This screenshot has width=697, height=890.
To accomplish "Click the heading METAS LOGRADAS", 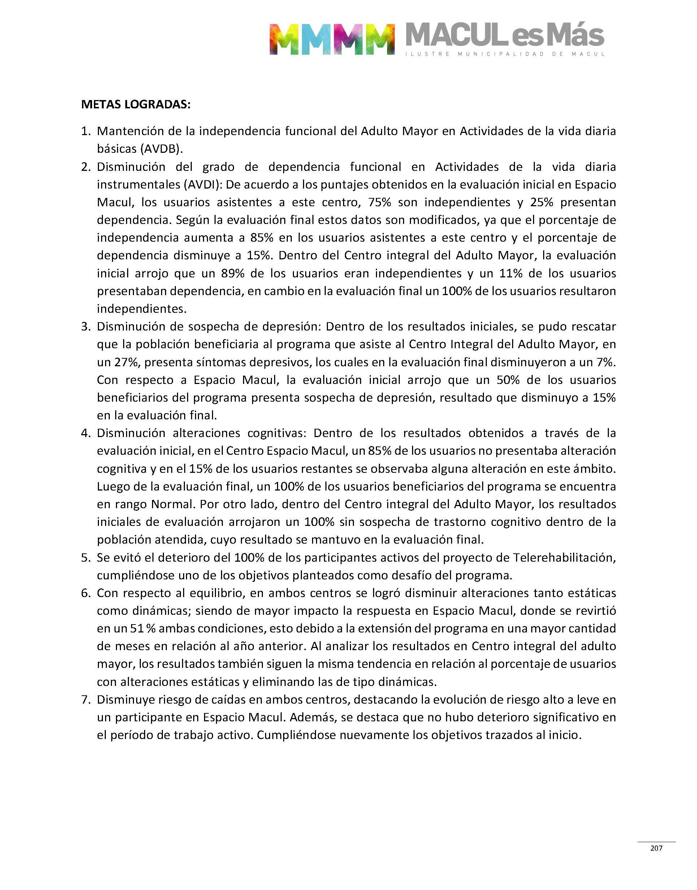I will pyautogui.click(x=136, y=104).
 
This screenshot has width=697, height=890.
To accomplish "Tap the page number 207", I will pyautogui.click(x=656, y=848).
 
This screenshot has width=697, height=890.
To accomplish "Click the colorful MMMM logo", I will pyautogui.click(x=332, y=39).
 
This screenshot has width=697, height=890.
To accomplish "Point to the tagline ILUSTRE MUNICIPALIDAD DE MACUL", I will pyautogui.click(x=505, y=54).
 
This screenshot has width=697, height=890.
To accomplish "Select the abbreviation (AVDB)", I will pyautogui.click(x=161, y=149).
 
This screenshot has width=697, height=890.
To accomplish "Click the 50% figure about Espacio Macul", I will pyautogui.click(x=508, y=380).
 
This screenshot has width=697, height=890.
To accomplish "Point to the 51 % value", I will pyautogui.click(x=143, y=628).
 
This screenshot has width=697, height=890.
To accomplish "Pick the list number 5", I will pyautogui.click(x=85, y=557).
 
